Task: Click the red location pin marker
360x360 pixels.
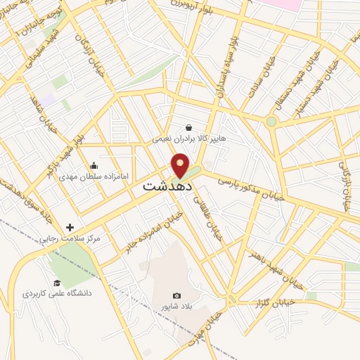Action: [181, 167]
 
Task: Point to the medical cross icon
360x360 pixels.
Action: [70, 227]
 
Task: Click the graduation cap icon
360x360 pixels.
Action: [57, 283]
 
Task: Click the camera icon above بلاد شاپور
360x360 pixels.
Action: [176, 295]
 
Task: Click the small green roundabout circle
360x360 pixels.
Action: [271, 122]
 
